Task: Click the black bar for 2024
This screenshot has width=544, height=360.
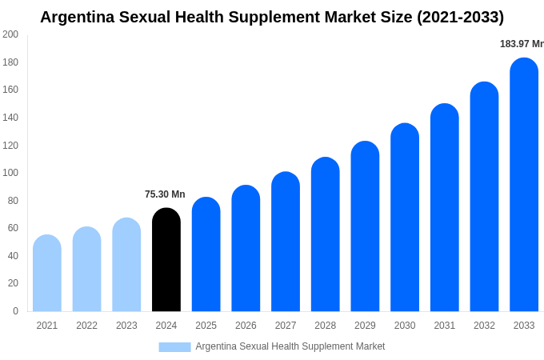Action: [x=166, y=260]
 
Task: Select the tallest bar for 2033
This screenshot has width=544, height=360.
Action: [x=524, y=185]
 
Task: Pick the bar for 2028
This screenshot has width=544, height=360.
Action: [x=326, y=234]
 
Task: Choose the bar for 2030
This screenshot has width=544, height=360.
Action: [x=405, y=218]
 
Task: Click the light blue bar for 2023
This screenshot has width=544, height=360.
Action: [x=126, y=265]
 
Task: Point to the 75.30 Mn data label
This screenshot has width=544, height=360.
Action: [x=165, y=194]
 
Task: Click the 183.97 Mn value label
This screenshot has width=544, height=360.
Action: [x=521, y=44]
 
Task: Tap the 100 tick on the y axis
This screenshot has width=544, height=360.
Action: [x=10, y=173]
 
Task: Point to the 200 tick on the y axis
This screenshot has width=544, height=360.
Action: [x=10, y=34]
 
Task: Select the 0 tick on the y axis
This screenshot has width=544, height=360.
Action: [x=15, y=311]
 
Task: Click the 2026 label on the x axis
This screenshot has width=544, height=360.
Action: [x=246, y=326]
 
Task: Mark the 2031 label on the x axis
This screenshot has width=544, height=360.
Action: [x=445, y=326]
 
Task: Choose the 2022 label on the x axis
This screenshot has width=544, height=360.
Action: [x=86, y=326]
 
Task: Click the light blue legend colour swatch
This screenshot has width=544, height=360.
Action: [x=174, y=347]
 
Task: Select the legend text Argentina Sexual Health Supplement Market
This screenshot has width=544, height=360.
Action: [x=290, y=346]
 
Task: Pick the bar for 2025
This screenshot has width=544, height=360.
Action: [x=206, y=254]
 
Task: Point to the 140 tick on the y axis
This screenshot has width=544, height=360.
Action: [x=10, y=118]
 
